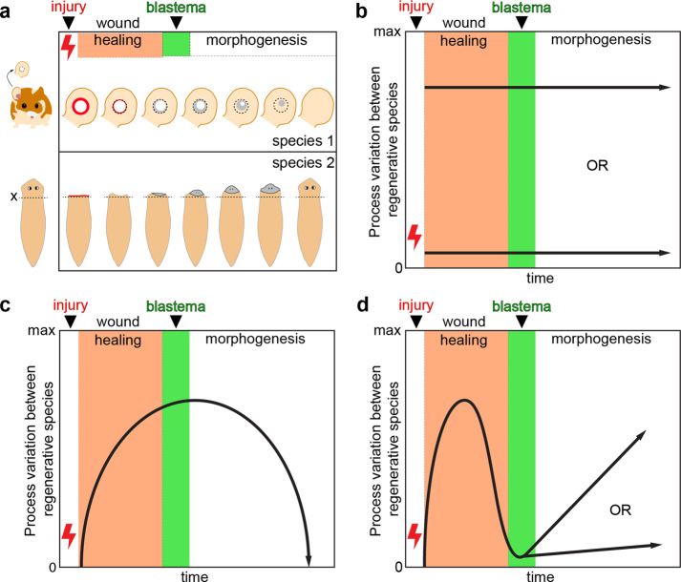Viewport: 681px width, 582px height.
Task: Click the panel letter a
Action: (8, 10)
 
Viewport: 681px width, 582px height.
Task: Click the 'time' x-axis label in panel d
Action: (542, 575)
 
